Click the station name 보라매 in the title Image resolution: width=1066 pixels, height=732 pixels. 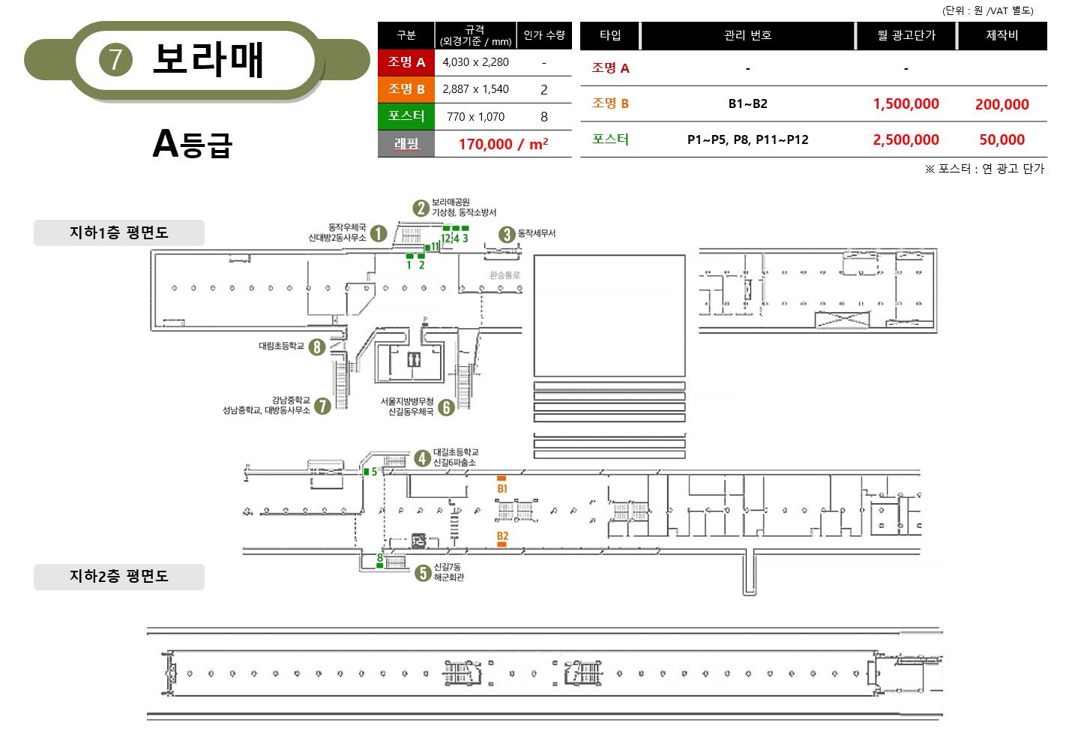(208, 60)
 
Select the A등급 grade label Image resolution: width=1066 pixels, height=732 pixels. (192, 143)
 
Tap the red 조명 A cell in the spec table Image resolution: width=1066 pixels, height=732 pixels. (406, 62)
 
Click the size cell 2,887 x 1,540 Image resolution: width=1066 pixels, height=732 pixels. (475, 89)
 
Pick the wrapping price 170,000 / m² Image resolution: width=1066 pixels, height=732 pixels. (503, 144)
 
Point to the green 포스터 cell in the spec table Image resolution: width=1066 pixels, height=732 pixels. (406, 116)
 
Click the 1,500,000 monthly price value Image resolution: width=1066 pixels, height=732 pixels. (906, 103)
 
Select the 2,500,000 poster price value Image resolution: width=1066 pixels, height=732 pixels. (906, 139)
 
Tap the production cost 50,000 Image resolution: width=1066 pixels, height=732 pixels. (1002, 139)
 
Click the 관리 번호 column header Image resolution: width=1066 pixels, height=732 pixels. (747, 35)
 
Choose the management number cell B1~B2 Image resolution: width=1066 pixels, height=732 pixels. (747, 103)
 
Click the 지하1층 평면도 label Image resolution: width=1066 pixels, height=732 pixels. (119, 232)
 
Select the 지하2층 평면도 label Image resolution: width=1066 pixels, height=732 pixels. (119, 576)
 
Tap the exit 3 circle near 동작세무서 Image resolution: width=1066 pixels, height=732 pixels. (507, 234)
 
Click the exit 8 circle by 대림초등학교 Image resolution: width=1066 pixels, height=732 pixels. (317, 347)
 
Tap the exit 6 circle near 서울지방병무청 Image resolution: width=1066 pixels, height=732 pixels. (446, 408)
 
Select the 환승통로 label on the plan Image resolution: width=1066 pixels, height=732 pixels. (505, 275)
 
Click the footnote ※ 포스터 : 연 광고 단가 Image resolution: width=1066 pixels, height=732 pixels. (984, 169)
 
